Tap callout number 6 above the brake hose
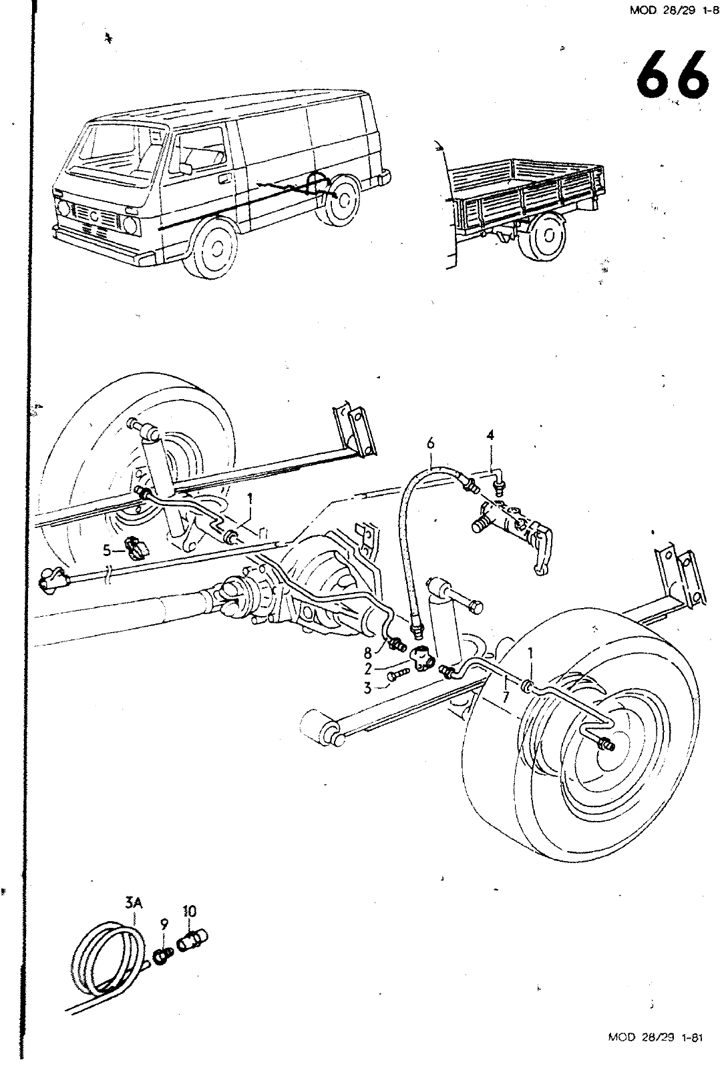(431, 443)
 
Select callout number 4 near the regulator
(490, 435)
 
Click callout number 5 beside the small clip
(106, 551)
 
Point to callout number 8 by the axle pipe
(367, 654)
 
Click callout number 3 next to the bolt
(367, 688)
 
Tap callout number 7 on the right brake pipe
(506, 697)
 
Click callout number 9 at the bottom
(164, 925)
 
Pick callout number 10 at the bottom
(189, 910)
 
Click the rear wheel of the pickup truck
(546, 236)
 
